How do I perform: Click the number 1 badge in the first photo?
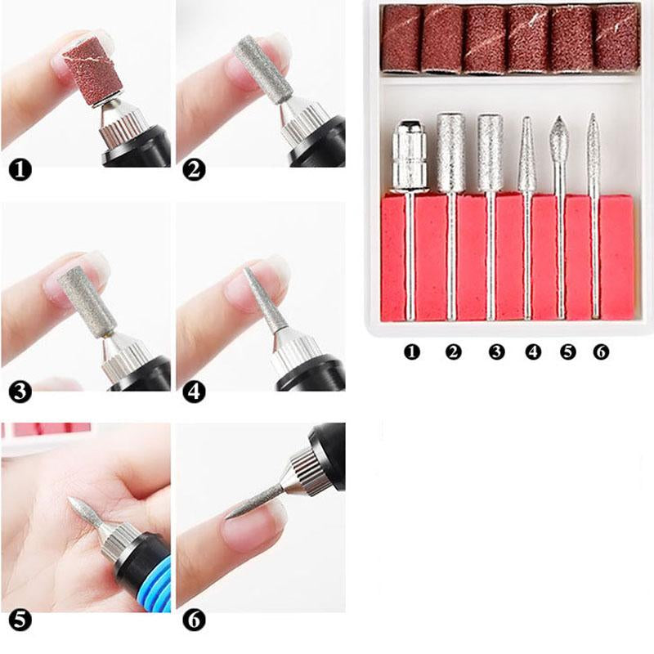[x=20, y=171]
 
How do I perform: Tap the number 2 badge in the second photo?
[x=194, y=170]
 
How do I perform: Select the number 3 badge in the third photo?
[x=20, y=392]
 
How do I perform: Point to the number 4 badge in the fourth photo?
[x=194, y=392]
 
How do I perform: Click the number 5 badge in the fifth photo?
[x=20, y=620]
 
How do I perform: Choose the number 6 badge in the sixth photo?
[x=194, y=620]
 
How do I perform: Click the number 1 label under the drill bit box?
[x=412, y=352]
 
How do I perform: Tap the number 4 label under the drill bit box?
[x=534, y=352]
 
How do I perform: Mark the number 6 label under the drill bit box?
[x=601, y=352]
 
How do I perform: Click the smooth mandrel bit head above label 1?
[x=410, y=155]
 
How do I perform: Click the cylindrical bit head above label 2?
[x=451, y=153]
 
